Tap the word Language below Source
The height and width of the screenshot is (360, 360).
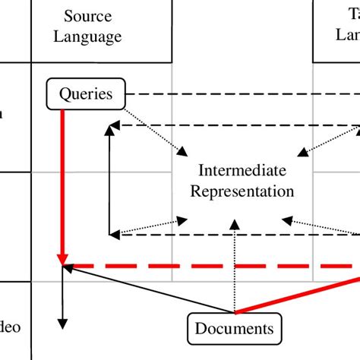click(x=92, y=36)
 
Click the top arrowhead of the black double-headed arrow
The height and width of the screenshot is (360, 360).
click(x=110, y=131)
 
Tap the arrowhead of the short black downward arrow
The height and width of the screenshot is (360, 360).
click(x=63, y=325)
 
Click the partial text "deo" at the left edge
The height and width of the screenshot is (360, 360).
click(x=11, y=328)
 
